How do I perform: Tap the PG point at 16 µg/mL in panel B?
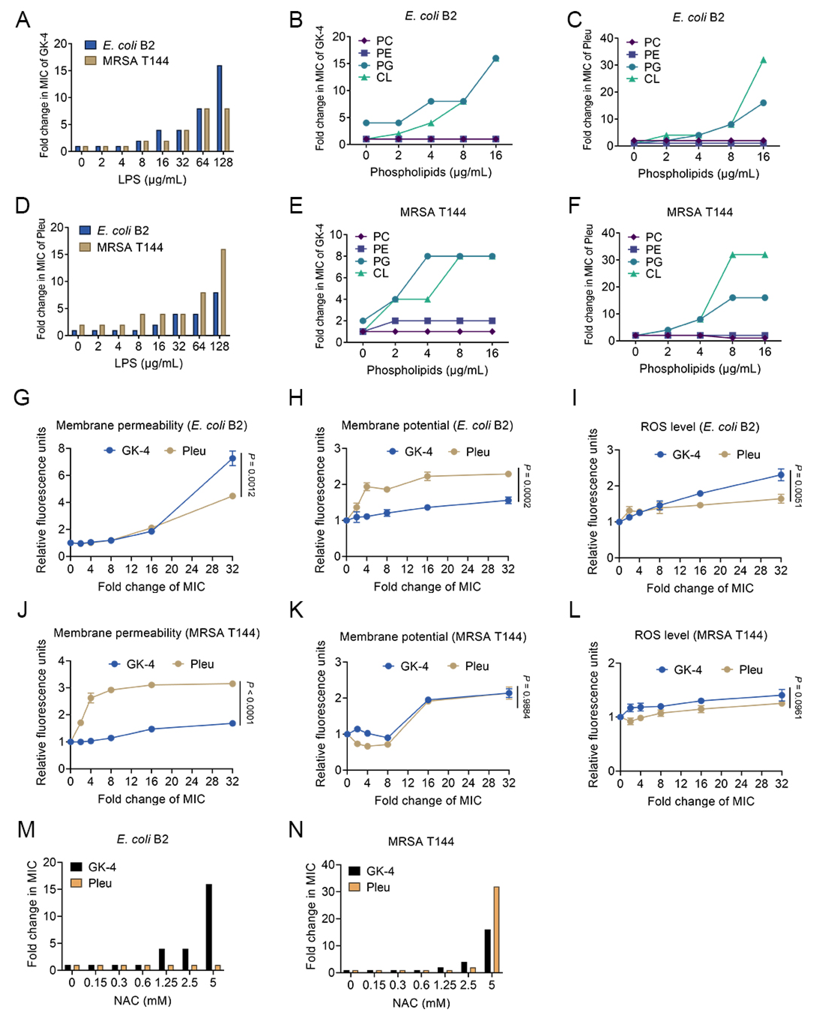point(496,58)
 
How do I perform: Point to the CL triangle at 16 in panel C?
point(763,60)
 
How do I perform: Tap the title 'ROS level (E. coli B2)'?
point(700,427)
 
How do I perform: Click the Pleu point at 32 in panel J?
point(232,683)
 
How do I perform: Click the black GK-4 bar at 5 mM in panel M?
point(209,927)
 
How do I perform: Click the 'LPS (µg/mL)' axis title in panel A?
point(152,179)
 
